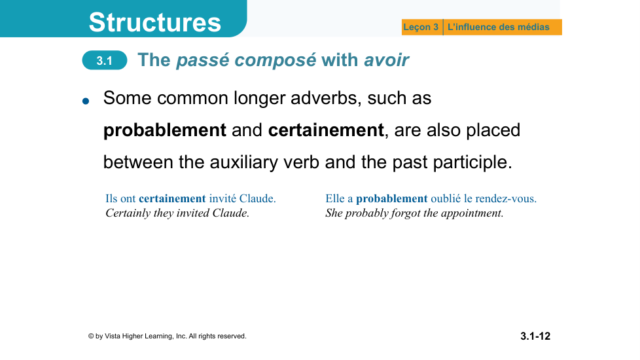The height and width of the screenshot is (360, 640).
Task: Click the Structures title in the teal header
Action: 154,22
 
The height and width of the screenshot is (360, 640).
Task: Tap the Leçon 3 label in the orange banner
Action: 420,27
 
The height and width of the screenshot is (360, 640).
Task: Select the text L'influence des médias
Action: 499,27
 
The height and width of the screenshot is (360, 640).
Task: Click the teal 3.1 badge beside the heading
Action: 105,60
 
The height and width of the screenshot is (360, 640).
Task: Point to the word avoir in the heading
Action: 386,60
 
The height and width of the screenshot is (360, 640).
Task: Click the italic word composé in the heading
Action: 275,60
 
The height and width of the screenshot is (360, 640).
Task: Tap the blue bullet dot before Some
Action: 85,101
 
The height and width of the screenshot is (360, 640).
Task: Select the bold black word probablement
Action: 164,130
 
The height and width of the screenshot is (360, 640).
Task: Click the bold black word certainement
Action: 326,130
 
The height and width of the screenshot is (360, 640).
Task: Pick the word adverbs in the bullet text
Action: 326,98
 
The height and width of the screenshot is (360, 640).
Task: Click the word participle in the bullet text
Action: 472,162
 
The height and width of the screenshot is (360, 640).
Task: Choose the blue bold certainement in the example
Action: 172,198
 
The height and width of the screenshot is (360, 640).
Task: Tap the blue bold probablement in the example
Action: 392,199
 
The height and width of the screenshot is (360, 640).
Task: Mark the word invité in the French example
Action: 222,198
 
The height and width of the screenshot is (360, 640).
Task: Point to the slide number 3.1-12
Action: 535,336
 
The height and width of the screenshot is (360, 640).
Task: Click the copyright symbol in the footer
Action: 91,336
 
